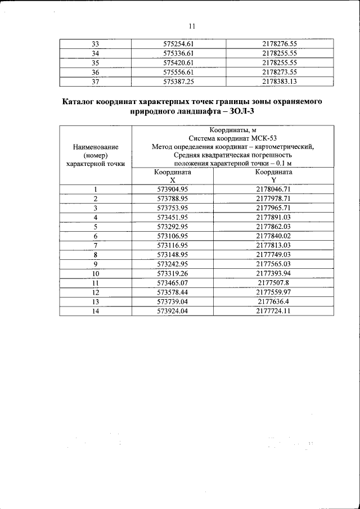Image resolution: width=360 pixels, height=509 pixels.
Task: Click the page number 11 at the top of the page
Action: tap(191, 26)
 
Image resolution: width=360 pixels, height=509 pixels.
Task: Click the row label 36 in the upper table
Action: tap(95, 72)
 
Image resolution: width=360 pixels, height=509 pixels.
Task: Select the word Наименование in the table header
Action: tap(95, 147)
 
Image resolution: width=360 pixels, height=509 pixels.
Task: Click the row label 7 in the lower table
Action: tap(96, 245)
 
